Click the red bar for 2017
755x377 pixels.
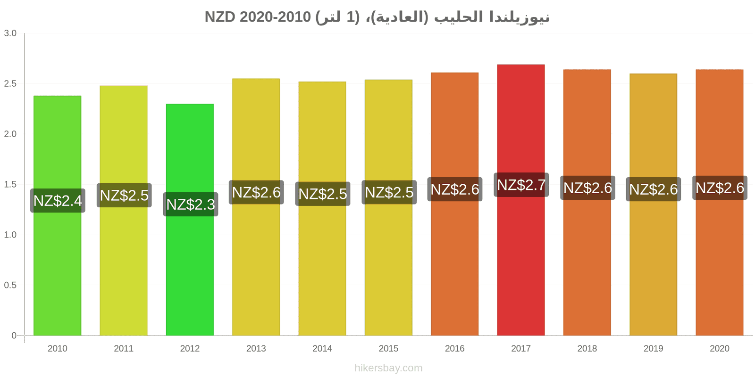coord(521,200)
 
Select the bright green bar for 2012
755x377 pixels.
coord(190,220)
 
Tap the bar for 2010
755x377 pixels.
coord(57,215)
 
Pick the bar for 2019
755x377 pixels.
coord(653,205)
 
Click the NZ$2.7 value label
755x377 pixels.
coord(521,185)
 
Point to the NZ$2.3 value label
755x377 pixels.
coord(191,205)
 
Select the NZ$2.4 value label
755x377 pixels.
coord(58,201)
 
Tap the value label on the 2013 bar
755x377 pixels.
coord(256,192)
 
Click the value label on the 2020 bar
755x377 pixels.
coord(720,188)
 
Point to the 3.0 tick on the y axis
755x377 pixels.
coord(10,33)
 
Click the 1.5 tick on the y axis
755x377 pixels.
coord(10,184)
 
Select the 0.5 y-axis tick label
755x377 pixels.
coord(10,285)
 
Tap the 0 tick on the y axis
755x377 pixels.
coord(14,335)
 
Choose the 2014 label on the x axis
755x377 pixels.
coord(322,348)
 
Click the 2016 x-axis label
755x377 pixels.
coord(455,348)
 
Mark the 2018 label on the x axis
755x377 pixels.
coord(587,348)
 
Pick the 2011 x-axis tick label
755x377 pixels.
coord(124,348)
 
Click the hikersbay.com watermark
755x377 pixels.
coord(388,368)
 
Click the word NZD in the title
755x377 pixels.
coord(220,17)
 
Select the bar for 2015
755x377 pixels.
coord(388,207)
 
